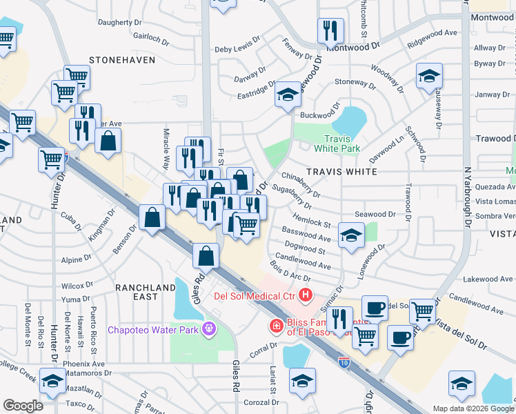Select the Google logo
[x=23, y=406]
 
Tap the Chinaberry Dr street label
[x=301, y=181]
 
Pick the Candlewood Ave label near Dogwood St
[x=303, y=263]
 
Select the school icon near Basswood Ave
[x=351, y=236]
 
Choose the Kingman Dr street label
[x=99, y=225]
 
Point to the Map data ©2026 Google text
[x=473, y=408]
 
